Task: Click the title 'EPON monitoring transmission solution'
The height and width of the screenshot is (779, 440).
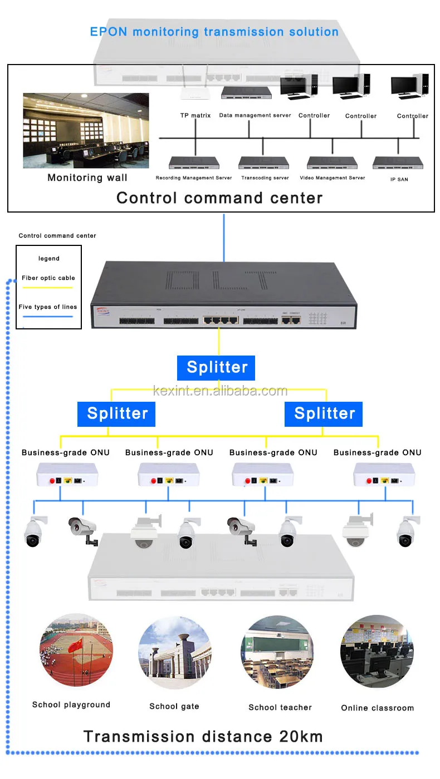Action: click(214, 32)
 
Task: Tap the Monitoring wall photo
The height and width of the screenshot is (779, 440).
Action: click(86, 130)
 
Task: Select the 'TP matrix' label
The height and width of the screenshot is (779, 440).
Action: click(195, 116)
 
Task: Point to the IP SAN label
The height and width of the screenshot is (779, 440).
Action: click(399, 180)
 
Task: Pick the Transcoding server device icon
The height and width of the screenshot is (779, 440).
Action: click(263, 163)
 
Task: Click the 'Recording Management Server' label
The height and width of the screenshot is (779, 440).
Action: click(194, 178)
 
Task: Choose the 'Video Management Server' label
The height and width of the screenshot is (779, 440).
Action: click(333, 178)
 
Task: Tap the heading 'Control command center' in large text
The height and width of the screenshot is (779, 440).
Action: click(219, 198)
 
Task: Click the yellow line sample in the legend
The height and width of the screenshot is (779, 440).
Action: click(48, 288)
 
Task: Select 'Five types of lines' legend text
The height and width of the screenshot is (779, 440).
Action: click(48, 307)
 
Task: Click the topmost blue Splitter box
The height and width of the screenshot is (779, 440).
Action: click(216, 368)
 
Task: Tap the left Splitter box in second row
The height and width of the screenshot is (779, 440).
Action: click(117, 414)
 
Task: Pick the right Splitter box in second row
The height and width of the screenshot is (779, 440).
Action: click(324, 414)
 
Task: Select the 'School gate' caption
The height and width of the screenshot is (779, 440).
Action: click(174, 707)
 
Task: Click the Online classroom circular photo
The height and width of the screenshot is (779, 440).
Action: click(377, 651)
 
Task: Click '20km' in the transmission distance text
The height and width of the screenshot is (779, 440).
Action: click(300, 737)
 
